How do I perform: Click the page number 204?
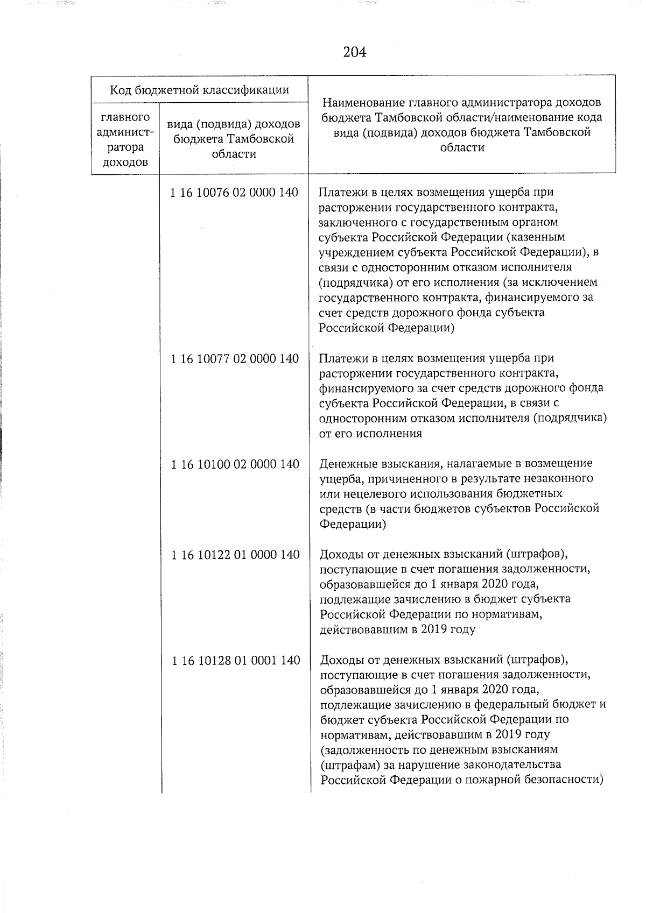(354, 52)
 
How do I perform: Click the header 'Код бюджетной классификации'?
(199, 89)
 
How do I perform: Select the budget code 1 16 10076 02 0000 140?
(234, 193)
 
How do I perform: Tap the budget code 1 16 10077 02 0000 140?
(235, 358)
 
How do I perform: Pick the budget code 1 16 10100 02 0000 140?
(235, 464)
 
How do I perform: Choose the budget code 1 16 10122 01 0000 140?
(235, 554)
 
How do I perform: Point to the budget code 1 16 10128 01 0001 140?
(236, 660)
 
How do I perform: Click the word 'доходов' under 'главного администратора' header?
(125, 162)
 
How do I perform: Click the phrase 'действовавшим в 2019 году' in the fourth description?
(398, 629)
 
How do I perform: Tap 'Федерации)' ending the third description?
(353, 524)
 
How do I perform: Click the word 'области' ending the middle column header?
(234, 154)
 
